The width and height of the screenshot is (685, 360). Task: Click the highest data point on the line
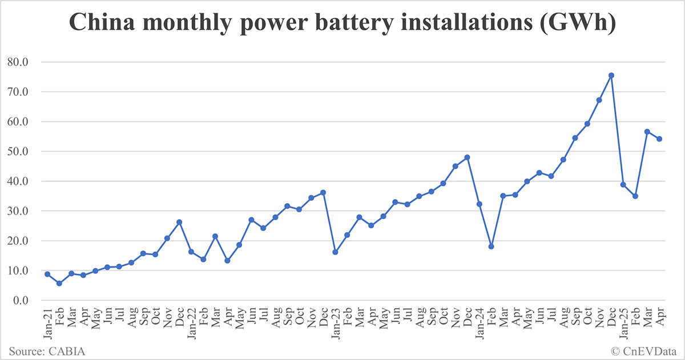pos(611,75)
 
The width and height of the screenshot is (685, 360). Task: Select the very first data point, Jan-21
pos(47,274)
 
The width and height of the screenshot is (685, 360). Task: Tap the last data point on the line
pos(659,139)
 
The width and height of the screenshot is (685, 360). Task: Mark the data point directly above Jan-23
pos(335,252)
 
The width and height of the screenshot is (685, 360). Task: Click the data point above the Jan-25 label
pos(623,184)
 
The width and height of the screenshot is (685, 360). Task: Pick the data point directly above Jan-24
pos(479,204)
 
